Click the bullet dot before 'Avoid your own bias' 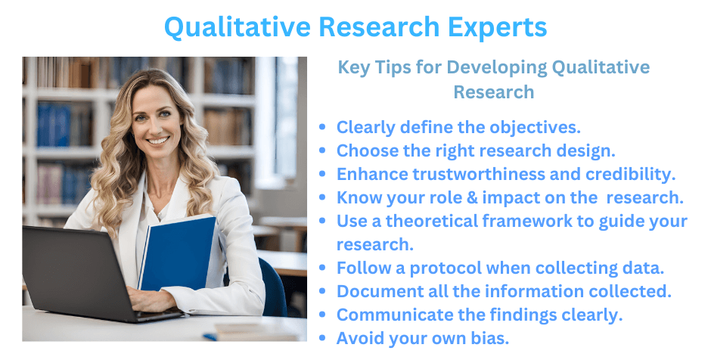pyautogui.click(x=324, y=339)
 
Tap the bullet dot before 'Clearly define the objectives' pyautogui.click(x=324, y=128)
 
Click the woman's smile pyautogui.click(x=158, y=141)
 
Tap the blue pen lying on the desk pyautogui.click(x=210, y=336)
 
